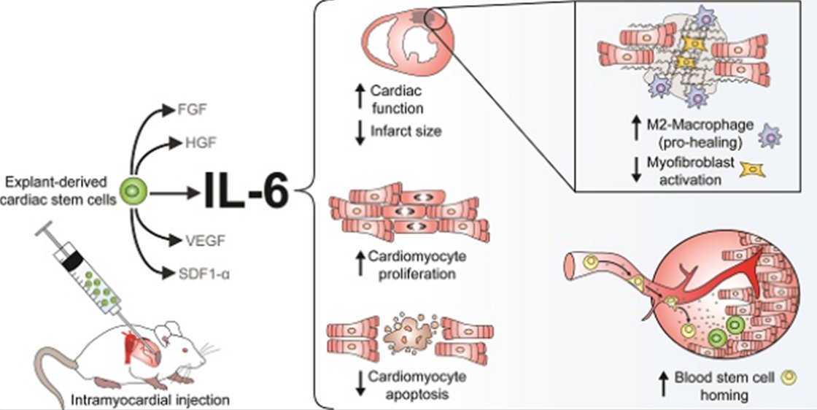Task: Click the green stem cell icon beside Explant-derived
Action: tap(136, 193)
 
